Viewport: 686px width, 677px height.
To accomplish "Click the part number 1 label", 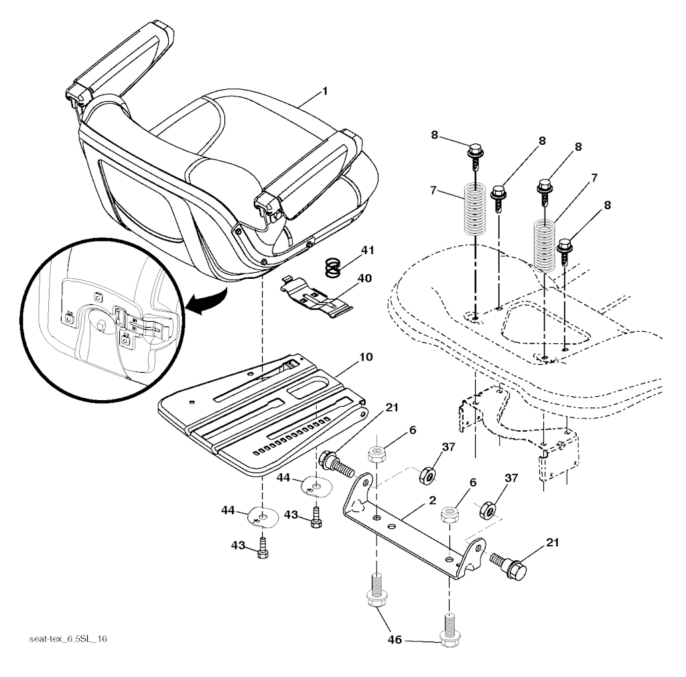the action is [325, 90].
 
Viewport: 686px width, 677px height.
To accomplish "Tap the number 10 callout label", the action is [365, 357].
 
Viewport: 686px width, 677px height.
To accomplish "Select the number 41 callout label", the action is [368, 251].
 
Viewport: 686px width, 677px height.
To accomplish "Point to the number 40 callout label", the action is [365, 278].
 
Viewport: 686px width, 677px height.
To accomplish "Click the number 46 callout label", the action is [395, 640].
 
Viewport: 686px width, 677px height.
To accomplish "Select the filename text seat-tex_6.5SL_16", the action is [68, 639].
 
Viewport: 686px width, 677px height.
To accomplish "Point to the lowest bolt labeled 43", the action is [262, 548].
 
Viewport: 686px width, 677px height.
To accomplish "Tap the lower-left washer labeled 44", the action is [262, 517].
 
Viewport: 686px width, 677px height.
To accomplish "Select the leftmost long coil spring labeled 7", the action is [474, 209].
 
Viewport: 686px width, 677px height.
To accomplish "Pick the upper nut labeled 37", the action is [426, 475].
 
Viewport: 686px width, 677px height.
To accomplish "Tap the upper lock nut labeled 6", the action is [375, 454].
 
